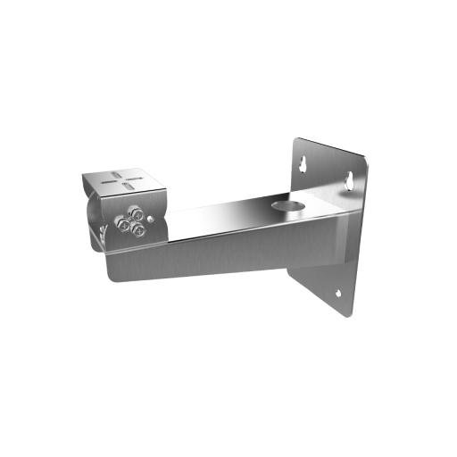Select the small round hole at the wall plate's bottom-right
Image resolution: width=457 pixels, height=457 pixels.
[338, 294]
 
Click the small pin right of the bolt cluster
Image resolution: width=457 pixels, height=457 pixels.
[154, 217]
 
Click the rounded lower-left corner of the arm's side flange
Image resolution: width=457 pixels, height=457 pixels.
[114, 275]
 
